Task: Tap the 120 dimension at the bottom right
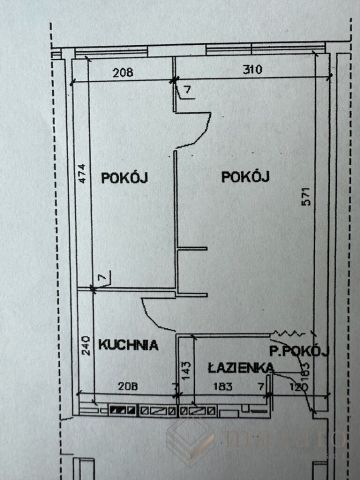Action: (x=298, y=386)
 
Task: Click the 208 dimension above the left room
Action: (x=124, y=70)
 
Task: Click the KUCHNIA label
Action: (x=128, y=345)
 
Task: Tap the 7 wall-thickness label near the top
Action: (x=187, y=91)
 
